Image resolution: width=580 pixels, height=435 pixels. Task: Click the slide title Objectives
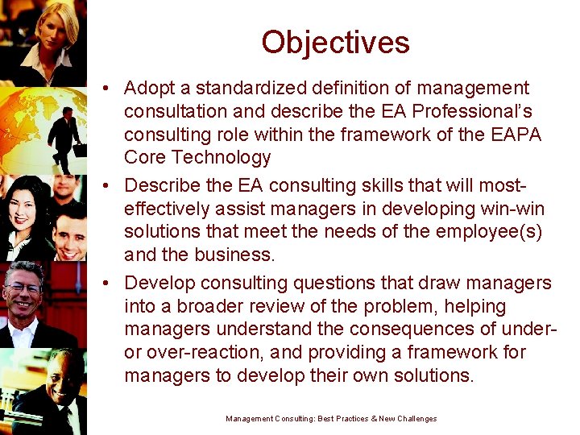point(335,42)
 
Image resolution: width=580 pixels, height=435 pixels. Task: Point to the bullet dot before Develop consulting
point(107,284)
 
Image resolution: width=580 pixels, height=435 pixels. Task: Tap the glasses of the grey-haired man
point(24,288)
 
